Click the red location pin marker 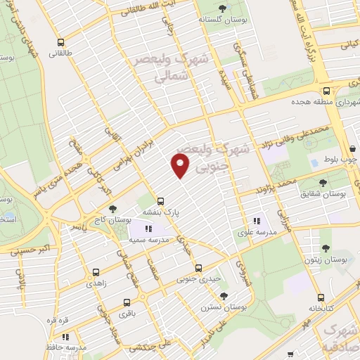pyautogui.click(x=181, y=166)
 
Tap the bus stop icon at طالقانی pyautogui.click(x=62, y=41)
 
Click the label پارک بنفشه pyautogui.click(x=162, y=211)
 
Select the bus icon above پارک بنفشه pyautogui.click(x=161, y=200)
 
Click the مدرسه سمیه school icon pyautogui.click(x=148, y=229)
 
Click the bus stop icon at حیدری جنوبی pyautogui.click(x=198, y=268)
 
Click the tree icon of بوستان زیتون pyautogui.click(x=325, y=247)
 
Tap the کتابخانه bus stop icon pyautogui.click(x=321, y=297)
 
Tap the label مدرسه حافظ pyautogui.click(x=72, y=347)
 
